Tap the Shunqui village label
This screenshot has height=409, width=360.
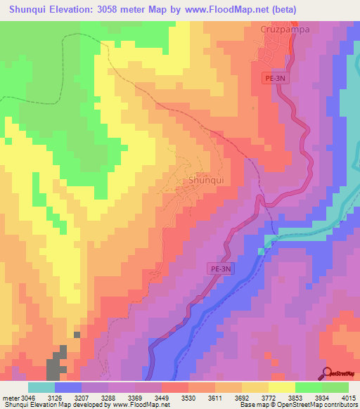coord(206,180)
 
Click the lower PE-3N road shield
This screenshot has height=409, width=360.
coord(219,268)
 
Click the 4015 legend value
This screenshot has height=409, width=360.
coord(348,398)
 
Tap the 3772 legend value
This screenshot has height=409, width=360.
coord(262,398)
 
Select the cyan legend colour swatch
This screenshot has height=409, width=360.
coord(41,387)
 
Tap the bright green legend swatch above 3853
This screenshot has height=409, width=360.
coord(308,387)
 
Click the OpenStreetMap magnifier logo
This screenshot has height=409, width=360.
coord(328,372)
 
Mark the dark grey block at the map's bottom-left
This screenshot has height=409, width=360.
coord(55,365)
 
